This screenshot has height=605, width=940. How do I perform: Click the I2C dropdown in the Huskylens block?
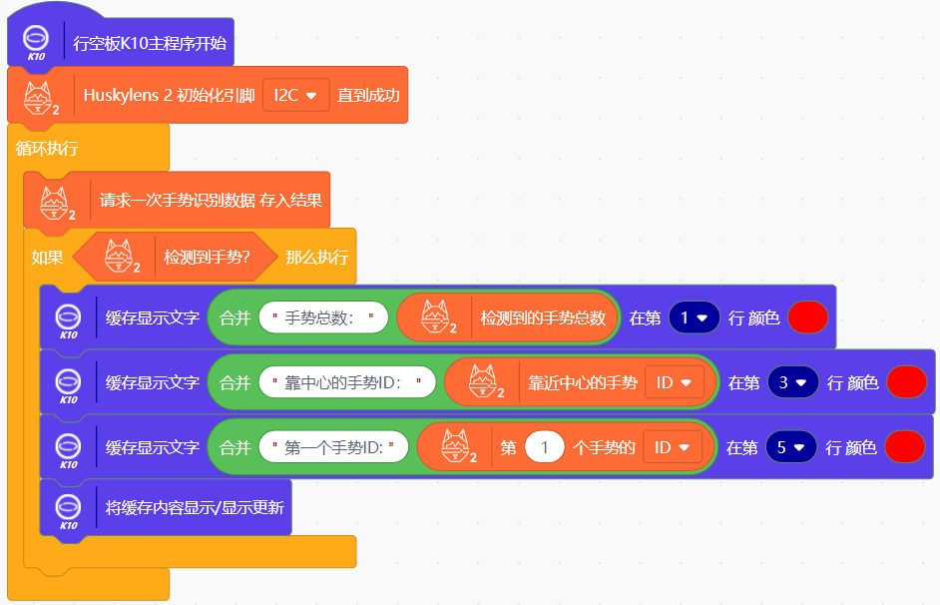[295, 96]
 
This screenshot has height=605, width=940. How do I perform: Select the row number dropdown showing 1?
[695, 318]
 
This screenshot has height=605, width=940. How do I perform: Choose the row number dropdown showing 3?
[793, 382]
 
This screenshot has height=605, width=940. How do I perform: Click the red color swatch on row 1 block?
[807, 318]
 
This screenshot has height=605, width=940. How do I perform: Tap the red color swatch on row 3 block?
[906, 382]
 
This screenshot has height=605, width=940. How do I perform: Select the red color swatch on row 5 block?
[905, 447]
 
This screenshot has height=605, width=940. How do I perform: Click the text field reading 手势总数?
[322, 318]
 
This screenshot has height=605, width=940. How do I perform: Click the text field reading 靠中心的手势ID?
[346, 382]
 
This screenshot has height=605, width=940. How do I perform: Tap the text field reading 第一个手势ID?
[333, 447]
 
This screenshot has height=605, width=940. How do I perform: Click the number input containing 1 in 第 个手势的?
[545, 447]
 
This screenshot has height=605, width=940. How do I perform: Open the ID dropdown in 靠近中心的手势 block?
[674, 382]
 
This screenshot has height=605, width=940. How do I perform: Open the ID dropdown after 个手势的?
[673, 447]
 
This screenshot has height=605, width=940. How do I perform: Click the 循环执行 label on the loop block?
[47, 149]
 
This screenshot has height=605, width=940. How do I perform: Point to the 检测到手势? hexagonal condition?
[206, 257]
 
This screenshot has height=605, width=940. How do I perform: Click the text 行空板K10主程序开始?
[150, 44]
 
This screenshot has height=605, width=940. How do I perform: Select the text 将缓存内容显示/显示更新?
[194, 507]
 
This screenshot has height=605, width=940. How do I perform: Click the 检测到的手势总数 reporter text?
[543, 318]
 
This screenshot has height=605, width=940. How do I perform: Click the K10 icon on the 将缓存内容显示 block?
[68, 509]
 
